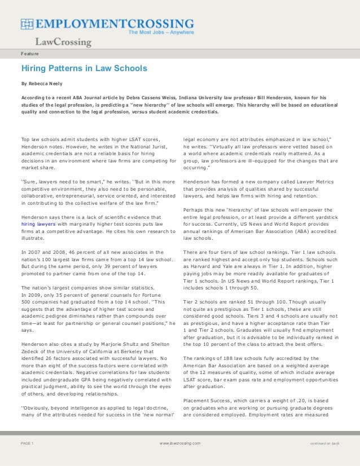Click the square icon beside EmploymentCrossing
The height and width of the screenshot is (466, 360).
(28, 24)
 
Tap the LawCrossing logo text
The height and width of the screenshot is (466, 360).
(63, 42)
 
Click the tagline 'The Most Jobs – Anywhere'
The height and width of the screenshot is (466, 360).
(161, 33)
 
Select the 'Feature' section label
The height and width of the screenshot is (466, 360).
(30, 54)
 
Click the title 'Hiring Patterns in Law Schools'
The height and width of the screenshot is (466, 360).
(84, 69)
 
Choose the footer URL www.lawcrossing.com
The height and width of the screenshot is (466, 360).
(180, 443)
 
